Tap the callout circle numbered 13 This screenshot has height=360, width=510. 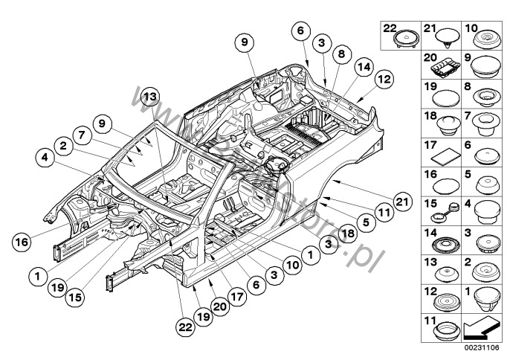tap(151, 97)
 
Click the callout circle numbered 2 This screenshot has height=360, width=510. tap(65, 147)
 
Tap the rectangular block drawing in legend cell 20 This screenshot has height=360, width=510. tap(445, 69)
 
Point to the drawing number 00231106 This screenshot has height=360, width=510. tap(482, 347)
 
